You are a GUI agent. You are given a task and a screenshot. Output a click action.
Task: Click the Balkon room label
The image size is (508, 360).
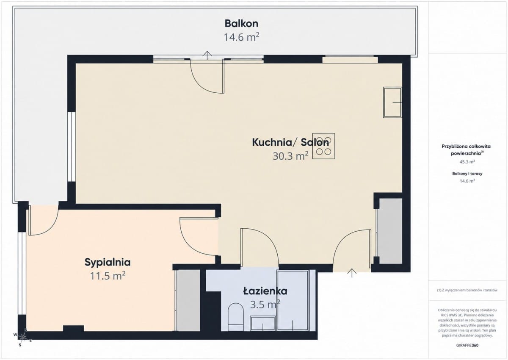241,24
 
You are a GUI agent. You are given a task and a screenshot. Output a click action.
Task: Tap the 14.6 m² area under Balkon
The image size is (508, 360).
241,37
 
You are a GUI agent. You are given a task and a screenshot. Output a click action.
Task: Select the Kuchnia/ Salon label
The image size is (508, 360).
290,142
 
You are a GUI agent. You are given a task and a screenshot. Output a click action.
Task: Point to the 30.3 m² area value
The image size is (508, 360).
290,156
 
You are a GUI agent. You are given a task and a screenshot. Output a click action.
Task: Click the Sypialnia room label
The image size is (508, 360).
108,263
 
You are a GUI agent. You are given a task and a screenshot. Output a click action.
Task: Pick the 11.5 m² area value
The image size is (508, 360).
108,276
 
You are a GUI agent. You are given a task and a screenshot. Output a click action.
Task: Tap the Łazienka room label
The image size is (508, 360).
265,291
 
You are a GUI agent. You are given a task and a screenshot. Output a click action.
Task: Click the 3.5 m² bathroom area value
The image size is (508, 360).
265,305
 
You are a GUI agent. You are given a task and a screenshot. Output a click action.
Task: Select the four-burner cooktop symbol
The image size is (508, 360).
323,146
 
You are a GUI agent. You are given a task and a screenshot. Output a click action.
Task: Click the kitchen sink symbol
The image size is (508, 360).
392,102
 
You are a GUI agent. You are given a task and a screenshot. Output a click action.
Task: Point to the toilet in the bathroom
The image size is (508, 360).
235,317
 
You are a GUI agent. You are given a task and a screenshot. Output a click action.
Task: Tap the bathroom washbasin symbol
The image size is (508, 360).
263,323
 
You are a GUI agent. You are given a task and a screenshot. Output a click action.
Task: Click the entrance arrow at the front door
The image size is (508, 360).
352,273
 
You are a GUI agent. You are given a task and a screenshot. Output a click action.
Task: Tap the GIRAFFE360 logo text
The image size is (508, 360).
467,345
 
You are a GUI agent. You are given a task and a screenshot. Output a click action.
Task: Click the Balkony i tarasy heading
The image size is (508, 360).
467,174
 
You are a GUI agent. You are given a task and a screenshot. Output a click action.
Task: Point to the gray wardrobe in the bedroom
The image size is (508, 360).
188,300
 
